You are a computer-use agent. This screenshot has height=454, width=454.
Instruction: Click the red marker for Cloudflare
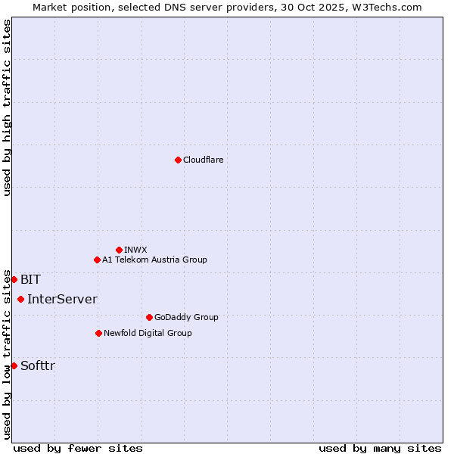[178, 160]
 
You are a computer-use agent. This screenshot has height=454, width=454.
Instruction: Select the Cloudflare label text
[203, 160]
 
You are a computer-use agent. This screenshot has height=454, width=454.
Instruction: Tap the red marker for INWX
[119, 250]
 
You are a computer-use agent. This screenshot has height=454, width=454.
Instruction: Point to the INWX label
[135, 250]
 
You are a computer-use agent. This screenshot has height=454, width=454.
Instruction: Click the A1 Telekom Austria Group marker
[97, 260]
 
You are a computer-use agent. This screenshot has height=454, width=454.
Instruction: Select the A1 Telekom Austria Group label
[154, 260]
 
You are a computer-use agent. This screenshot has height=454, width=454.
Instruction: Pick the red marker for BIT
[14, 279]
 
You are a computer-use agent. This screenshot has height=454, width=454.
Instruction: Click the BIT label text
[30, 279]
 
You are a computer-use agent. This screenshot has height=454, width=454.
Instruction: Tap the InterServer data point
[20, 299]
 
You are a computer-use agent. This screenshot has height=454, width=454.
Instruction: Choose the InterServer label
[62, 299]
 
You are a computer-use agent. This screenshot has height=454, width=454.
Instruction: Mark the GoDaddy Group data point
[149, 317]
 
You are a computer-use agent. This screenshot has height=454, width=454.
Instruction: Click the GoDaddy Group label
[186, 317]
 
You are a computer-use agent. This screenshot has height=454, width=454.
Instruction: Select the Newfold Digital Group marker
[98, 333]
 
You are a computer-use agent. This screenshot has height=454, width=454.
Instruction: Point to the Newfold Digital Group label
[148, 333]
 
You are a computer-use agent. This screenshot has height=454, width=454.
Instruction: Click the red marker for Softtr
[14, 365]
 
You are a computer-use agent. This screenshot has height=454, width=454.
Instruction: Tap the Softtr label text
[38, 365]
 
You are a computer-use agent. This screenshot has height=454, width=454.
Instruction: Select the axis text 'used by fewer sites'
[78, 448]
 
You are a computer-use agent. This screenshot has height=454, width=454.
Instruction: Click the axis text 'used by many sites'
[380, 448]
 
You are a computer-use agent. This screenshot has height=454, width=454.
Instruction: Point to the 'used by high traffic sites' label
[7, 107]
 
